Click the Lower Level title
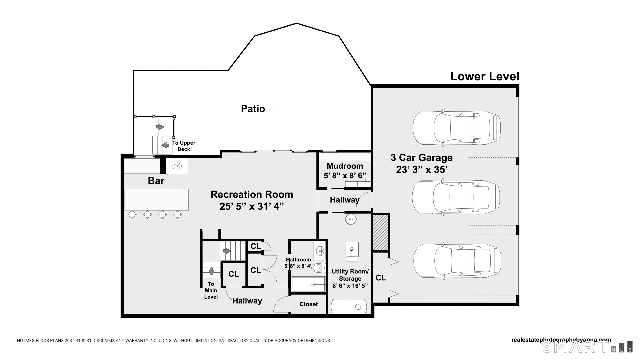pyautogui.click(x=485, y=76)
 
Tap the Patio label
pyautogui.click(x=253, y=109)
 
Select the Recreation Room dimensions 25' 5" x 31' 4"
pyautogui.click(x=252, y=207)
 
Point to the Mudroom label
pyautogui.click(x=345, y=166)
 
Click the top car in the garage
pyautogui.click(x=457, y=128)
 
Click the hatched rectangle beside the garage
pyautogui.click(x=381, y=232)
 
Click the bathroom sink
pyautogui.click(x=320, y=250)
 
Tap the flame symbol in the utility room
pyautogui.click(x=352, y=249)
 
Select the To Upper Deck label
pyautogui.click(x=184, y=146)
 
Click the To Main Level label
pyautogui.click(x=211, y=290)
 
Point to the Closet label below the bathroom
pyautogui.click(x=309, y=304)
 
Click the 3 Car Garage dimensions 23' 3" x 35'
pyautogui.click(x=421, y=170)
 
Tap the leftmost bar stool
pyautogui.click(x=132, y=214)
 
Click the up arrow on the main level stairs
pyautogui.click(x=211, y=270)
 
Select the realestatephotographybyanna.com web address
pyautogui.click(x=561, y=340)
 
